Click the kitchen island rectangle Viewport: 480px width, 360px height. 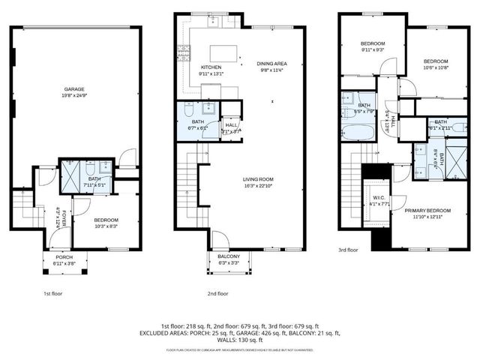[x=224, y=52]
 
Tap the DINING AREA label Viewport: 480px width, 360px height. [x=271, y=63]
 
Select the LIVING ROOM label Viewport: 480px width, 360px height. [x=257, y=178]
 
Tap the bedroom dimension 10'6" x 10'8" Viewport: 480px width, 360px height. [x=435, y=67]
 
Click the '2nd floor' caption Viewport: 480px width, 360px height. [x=218, y=294]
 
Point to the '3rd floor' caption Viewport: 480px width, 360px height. [x=349, y=250]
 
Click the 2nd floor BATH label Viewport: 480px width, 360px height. [x=198, y=121]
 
